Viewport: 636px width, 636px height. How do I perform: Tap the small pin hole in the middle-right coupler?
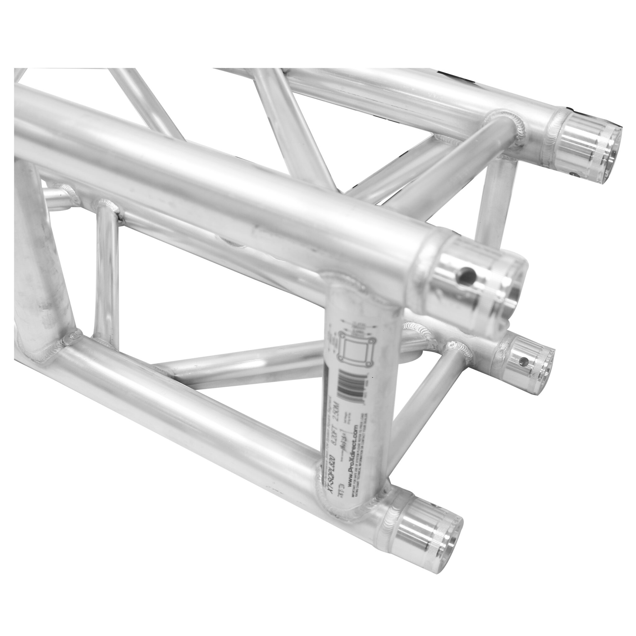(521, 362)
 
